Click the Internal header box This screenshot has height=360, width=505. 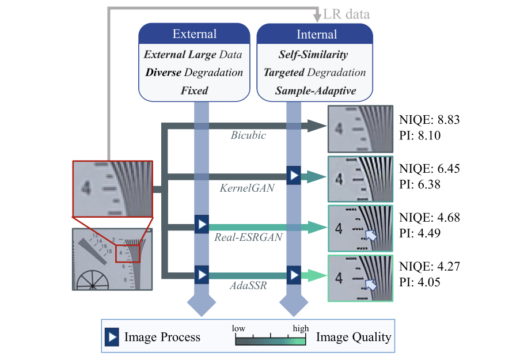(316, 34)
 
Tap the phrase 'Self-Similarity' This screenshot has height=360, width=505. (313, 55)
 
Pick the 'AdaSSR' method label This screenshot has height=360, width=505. (244, 285)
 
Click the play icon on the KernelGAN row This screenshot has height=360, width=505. (294, 175)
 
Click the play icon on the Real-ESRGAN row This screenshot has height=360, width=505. (201, 224)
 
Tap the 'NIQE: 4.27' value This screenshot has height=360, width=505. (430, 267)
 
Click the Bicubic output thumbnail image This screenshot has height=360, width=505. (360, 129)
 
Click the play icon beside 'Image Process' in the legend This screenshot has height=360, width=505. (111, 336)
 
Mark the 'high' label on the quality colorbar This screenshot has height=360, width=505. (301, 328)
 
